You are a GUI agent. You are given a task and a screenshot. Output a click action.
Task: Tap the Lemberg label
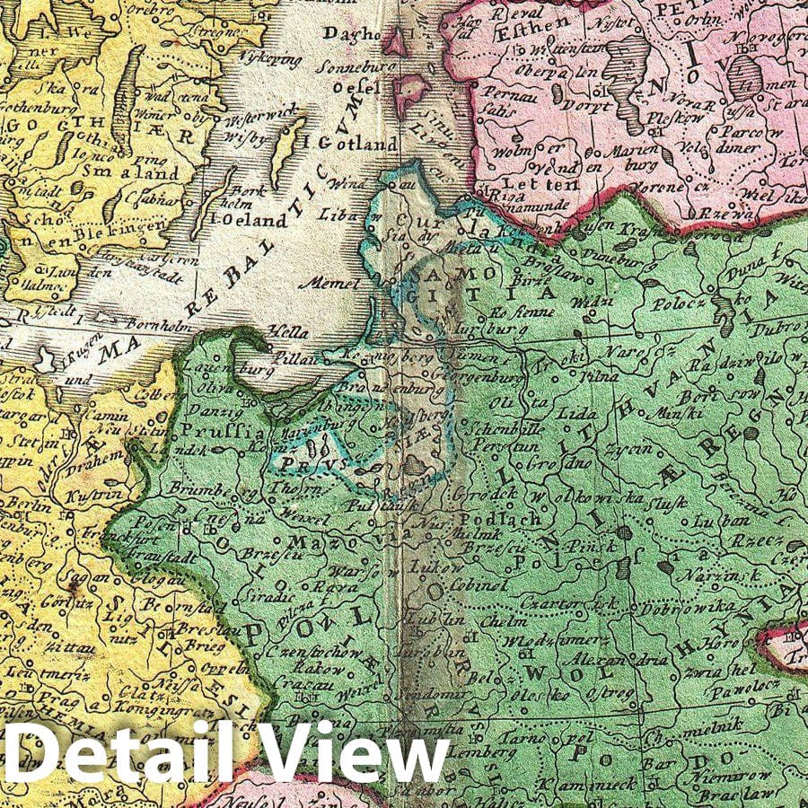472,749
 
